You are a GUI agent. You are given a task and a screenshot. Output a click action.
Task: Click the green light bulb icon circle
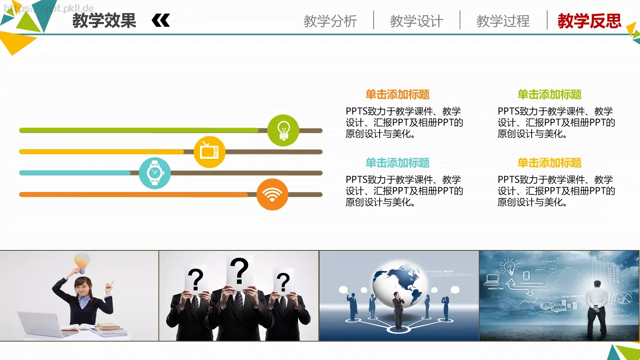click(x=283, y=130)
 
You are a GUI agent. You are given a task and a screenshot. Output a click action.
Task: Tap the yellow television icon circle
click(x=209, y=152)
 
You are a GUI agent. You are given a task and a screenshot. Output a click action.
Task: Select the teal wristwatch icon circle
click(x=155, y=173)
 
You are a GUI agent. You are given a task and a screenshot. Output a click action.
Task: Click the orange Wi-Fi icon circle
click(x=272, y=194)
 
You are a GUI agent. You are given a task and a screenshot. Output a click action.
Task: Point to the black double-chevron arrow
click(x=161, y=20)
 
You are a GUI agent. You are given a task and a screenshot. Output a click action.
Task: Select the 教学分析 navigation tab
click(x=330, y=21)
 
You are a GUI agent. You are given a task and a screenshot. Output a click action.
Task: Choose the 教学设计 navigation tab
click(x=416, y=21)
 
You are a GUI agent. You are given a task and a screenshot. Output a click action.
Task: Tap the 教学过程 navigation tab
click(x=503, y=21)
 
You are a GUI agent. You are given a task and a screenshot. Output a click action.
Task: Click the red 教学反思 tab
click(x=589, y=21)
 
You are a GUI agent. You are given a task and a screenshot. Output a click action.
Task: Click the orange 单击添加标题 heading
click(x=397, y=94)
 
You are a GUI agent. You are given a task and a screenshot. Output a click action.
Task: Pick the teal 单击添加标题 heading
click(x=397, y=163)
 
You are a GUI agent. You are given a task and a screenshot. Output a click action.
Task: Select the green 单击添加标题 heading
click(x=549, y=94)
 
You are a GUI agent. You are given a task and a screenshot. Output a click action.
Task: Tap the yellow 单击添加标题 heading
click(x=549, y=163)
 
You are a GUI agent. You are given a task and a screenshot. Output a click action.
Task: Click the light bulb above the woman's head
click(x=82, y=262)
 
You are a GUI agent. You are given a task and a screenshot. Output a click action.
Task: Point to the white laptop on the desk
click(x=40, y=324)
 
